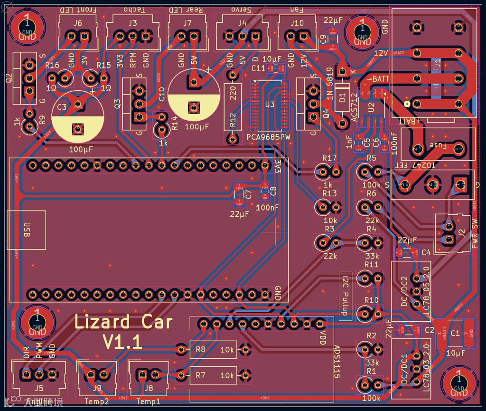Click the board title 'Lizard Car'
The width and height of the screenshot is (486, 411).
tap(123, 322)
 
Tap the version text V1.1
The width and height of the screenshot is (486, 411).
tap(123, 342)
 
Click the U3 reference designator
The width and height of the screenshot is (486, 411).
tap(270, 105)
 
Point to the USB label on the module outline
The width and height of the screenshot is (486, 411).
tap(27, 230)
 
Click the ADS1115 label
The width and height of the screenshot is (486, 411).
tap(337, 362)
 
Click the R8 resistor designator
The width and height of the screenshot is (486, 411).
tap(200, 350)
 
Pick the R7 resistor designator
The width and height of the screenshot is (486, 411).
tap(200, 375)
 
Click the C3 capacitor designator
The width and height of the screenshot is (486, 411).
tap(62, 107)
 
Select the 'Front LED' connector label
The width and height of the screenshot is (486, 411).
tap(78, 10)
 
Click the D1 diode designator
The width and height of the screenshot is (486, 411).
tap(342, 99)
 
